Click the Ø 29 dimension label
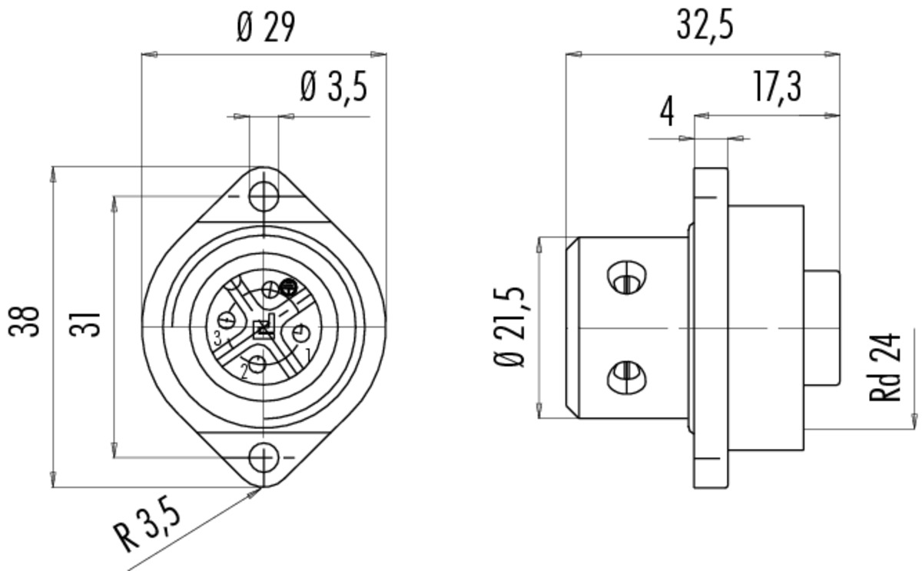[x=266, y=27]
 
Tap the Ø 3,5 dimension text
[x=333, y=86]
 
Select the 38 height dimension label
[x=25, y=321]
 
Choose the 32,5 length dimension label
[x=705, y=25]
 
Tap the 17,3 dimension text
[x=778, y=87]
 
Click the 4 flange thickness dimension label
[x=667, y=111]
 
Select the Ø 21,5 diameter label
[x=509, y=327]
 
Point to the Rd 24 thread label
[x=884, y=367]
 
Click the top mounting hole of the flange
[x=264, y=197]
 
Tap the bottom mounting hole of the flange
[x=264, y=457]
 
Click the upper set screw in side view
[x=626, y=277]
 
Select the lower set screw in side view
[x=626, y=377]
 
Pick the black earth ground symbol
[x=288, y=287]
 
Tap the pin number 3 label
[x=217, y=339]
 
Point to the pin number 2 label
[x=244, y=372]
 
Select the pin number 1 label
[x=307, y=354]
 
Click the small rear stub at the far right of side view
[x=822, y=328]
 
